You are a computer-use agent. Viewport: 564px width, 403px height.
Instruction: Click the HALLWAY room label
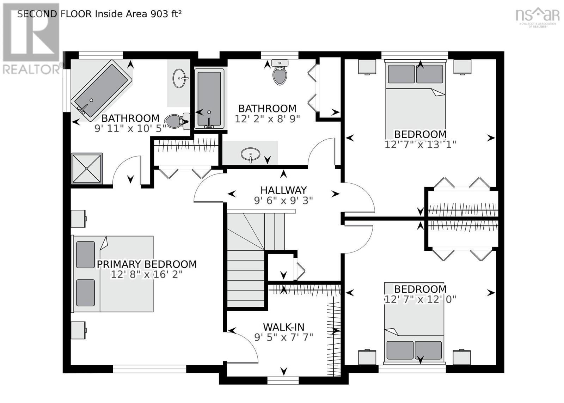click(283, 190)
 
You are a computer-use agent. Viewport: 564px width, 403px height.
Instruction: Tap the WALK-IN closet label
click(283, 327)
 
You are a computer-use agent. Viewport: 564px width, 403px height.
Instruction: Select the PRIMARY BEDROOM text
click(147, 264)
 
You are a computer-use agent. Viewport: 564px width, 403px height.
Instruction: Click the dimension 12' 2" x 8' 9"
click(267, 119)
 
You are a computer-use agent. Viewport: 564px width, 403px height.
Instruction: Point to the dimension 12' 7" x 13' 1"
click(420, 144)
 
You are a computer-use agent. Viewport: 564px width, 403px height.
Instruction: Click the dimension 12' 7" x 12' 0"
click(420, 299)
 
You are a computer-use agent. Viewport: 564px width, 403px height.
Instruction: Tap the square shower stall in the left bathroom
click(87, 168)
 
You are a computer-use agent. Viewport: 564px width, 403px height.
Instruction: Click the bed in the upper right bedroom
click(415, 95)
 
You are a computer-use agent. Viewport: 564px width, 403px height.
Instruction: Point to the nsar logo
click(537, 16)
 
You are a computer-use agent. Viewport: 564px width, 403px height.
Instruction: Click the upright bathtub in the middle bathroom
click(209, 98)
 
